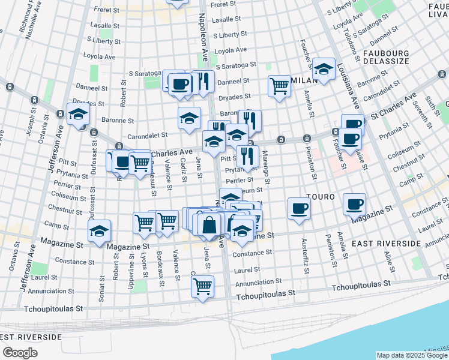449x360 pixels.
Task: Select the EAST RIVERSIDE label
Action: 386,243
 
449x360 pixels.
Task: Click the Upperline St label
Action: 131,269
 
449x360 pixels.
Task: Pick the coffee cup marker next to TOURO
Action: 299,208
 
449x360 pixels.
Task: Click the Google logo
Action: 19,352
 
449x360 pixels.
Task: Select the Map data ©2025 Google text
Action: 411,355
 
